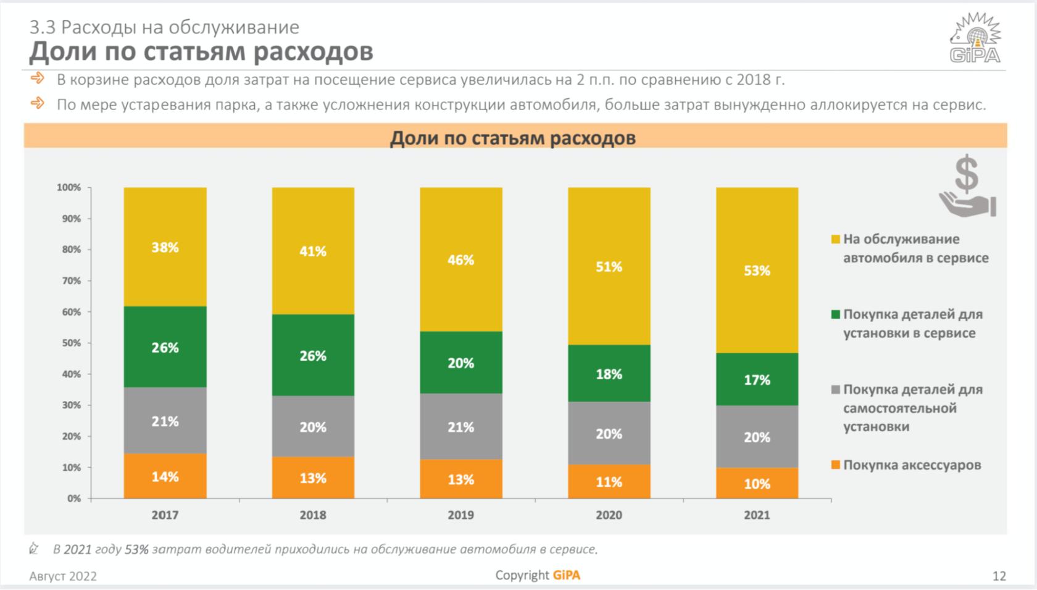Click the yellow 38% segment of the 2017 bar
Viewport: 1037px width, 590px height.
165,247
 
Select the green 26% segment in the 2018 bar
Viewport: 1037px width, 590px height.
313,355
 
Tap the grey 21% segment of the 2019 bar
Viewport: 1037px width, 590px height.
460,427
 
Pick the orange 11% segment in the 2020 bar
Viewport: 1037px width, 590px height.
609,482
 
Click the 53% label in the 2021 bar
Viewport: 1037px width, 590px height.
757,271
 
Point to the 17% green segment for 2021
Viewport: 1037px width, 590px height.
757,379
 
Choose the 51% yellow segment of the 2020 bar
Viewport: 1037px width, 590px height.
609,266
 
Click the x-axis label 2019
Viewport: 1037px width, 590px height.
460,515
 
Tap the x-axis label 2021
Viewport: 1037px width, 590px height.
757,515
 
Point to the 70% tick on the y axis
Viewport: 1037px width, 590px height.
71,280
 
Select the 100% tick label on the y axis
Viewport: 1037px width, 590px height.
69,187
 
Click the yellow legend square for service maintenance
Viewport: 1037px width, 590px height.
836,239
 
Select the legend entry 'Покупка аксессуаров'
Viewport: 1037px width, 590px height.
912,465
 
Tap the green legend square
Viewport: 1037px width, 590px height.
836,314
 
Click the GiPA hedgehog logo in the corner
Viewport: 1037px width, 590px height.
975,38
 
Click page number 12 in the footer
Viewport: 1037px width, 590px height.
999,576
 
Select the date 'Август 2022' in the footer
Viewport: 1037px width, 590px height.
63,576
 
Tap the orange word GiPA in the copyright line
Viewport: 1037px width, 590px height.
566,575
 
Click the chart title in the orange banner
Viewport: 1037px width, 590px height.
512,137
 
